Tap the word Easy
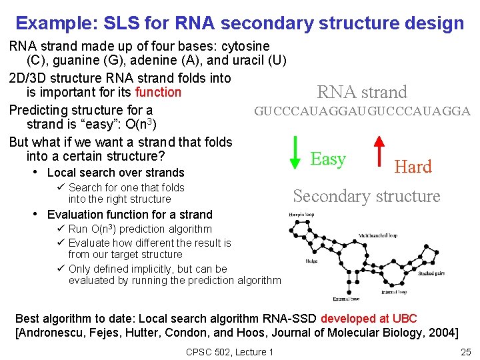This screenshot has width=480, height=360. click(328, 159)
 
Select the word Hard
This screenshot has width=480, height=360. click(413, 167)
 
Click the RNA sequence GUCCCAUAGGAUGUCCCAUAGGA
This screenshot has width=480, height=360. click(362, 111)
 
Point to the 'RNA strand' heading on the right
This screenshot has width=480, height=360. click(362, 92)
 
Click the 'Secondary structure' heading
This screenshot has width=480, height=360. click(367, 196)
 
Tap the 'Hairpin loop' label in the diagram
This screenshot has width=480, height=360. click(302, 214)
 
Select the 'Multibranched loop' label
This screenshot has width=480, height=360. click(379, 235)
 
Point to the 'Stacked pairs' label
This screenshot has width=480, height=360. click(433, 273)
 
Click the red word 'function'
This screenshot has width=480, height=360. click(158, 92)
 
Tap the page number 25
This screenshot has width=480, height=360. click(465, 351)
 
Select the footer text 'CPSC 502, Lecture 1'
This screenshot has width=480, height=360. click(229, 351)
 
